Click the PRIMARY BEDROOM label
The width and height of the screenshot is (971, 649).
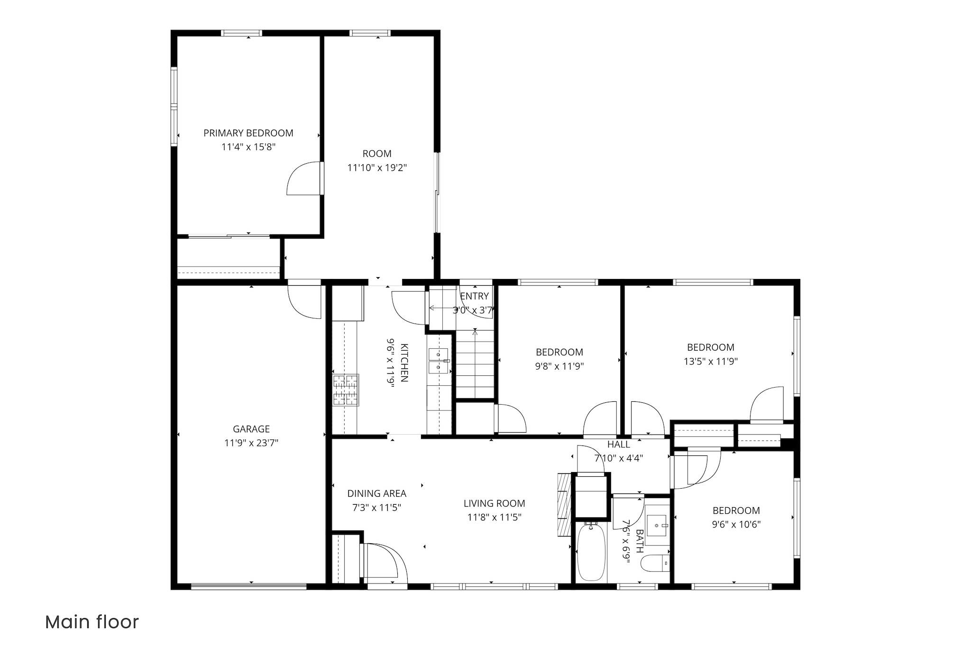point(248,133)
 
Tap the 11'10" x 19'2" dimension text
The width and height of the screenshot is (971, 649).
point(377,167)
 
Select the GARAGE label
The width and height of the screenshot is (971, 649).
point(251,429)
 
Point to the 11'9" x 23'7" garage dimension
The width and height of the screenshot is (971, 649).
point(251,443)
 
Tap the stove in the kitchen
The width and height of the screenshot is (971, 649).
point(346,390)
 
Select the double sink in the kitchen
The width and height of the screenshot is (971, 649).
point(439,361)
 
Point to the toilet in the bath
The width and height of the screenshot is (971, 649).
point(655,563)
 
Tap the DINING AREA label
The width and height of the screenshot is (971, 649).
point(377,493)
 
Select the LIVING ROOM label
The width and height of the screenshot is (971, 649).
point(495,503)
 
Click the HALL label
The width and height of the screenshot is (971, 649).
point(619,445)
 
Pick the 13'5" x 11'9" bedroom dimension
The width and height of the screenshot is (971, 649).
point(711,362)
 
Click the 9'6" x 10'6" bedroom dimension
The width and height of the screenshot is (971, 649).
point(736,525)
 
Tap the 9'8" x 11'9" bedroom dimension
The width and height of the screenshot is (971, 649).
point(559,366)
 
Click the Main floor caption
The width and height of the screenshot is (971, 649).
point(92,622)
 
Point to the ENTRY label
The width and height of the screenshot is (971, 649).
point(475,296)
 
